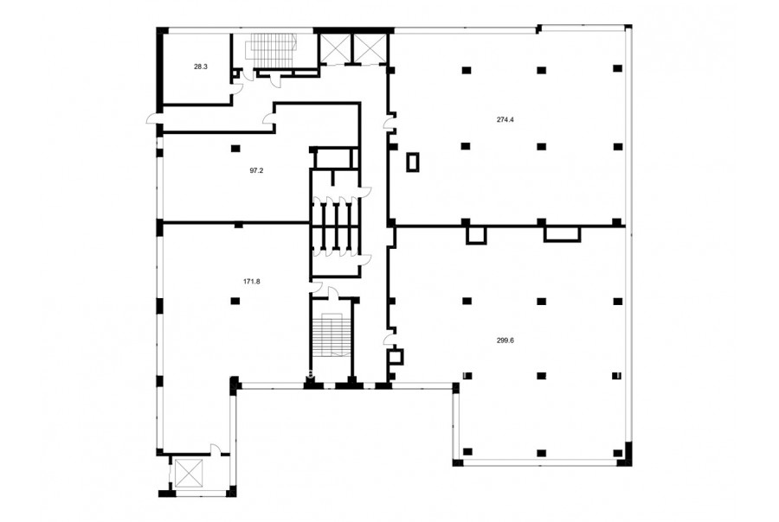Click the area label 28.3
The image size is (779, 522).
coord(201,67)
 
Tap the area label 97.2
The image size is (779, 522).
coord(256,170)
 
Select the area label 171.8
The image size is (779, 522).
coord(251,282)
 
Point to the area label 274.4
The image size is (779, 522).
coord(505,119)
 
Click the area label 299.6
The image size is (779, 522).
coord(505,341)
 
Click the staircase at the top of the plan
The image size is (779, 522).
coord(273,50)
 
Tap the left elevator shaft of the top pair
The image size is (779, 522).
coord(334,48)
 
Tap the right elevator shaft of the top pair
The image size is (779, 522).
coord(370,48)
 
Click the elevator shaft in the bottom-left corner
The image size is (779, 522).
coord(190,474)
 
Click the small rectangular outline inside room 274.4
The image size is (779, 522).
coord(413,162)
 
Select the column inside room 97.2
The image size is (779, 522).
coord(235,148)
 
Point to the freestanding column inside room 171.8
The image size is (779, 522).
coord(235,301)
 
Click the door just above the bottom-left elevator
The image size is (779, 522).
coord(216,449)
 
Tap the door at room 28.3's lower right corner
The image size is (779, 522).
coord(238,88)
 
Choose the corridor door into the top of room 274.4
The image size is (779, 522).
coord(389,123)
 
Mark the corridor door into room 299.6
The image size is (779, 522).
coord(389,339)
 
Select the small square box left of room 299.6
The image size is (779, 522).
coord(396,356)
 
